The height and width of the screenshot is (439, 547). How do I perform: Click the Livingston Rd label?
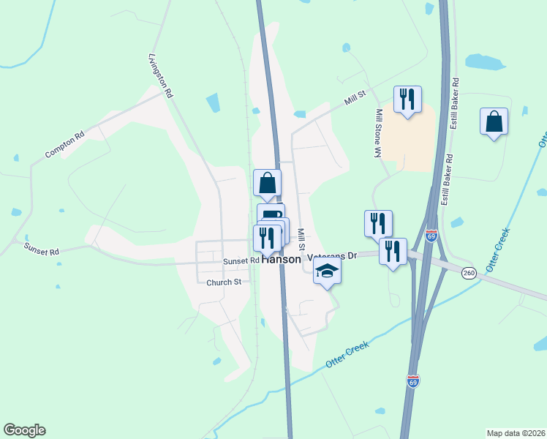click(160, 75)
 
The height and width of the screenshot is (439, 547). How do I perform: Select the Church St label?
click(224, 282)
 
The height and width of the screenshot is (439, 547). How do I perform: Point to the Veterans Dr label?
click(332, 256)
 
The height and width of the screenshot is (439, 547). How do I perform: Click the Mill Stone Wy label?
click(379, 133)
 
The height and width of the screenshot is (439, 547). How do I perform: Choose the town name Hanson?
click(281, 260)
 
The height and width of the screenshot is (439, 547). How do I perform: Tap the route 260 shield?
click(469, 273)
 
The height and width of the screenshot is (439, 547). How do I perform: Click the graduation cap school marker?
click(328, 272)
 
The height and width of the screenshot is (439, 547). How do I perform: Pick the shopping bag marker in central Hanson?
click(268, 183)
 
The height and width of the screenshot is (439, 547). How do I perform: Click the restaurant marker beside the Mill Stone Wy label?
click(407, 99)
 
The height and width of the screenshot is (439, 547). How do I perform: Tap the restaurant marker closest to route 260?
click(393, 252)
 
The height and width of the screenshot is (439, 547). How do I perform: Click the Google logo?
click(24, 430)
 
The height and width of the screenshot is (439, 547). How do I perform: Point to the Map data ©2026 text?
click(516, 433)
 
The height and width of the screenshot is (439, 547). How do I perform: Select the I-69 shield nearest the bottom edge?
click(413, 381)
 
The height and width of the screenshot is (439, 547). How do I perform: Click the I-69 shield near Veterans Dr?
click(431, 236)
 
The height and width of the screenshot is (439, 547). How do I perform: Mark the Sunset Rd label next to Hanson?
click(241, 260)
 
